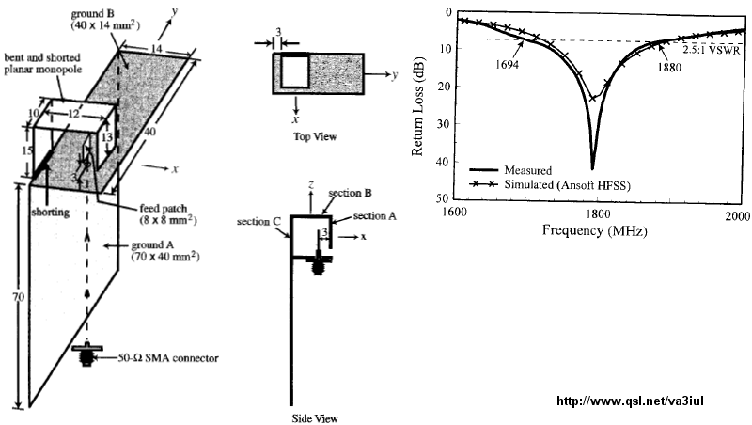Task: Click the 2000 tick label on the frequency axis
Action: pos(736,214)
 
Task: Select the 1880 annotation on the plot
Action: pos(670,67)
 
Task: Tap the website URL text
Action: pos(631,401)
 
